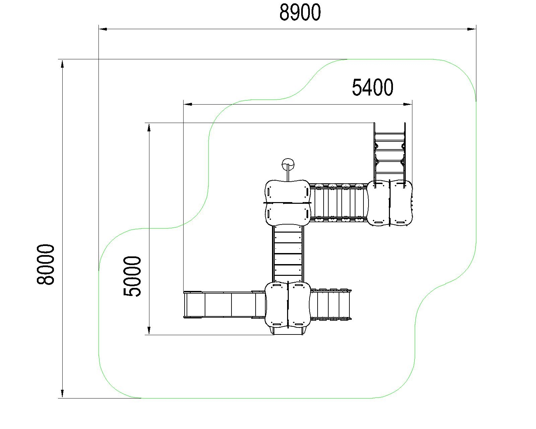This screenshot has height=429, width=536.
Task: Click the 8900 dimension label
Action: click(300, 13)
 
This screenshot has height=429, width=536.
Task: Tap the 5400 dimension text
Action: click(373, 87)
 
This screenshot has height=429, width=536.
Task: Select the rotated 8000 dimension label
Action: click(46, 264)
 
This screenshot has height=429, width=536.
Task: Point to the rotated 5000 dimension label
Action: click(132, 276)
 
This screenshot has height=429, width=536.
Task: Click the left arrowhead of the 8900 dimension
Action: click(103, 29)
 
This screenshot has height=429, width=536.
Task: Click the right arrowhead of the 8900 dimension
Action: click(472, 29)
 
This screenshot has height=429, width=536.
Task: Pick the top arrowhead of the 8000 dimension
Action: click(62, 64)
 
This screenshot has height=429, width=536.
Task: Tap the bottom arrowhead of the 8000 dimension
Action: click(62, 393)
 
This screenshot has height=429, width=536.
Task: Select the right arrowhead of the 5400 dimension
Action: click(408, 104)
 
